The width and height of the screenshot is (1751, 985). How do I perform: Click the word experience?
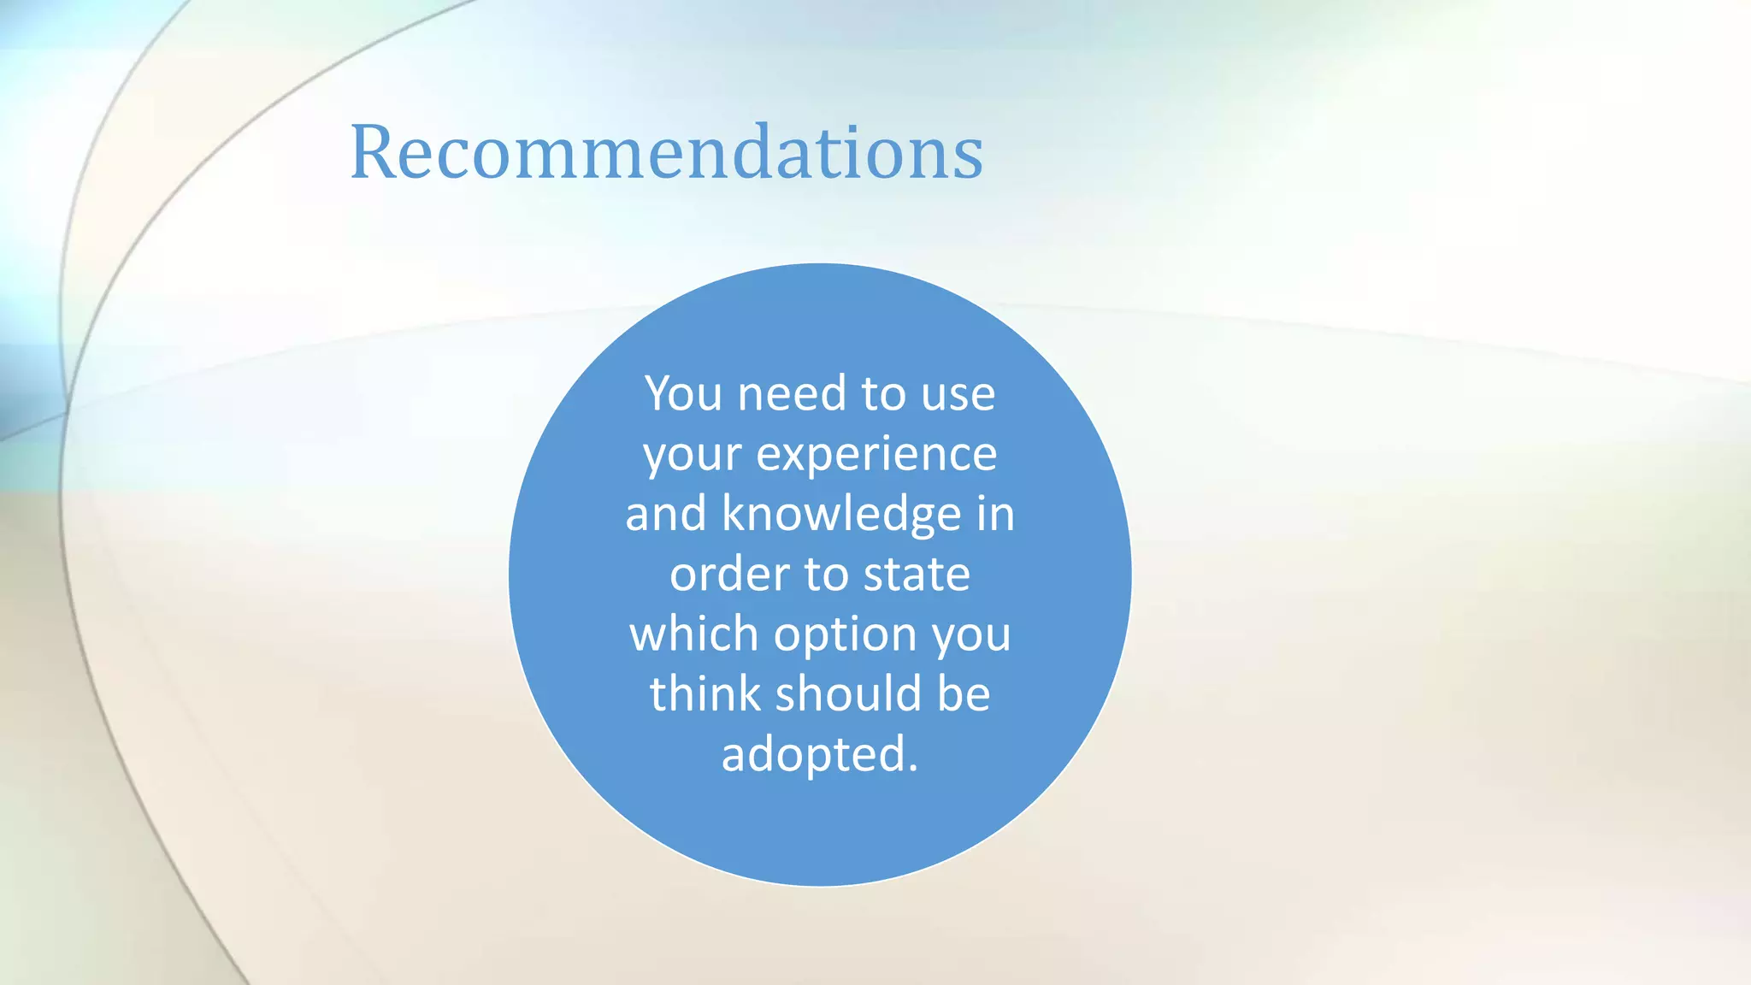tap(876, 456)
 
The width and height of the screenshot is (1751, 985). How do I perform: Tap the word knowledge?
tap(841, 515)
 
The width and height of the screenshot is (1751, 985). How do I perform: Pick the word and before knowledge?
tap(665, 515)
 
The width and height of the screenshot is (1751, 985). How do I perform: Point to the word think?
tap(705, 693)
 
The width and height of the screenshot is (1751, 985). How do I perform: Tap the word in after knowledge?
tap(995, 515)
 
